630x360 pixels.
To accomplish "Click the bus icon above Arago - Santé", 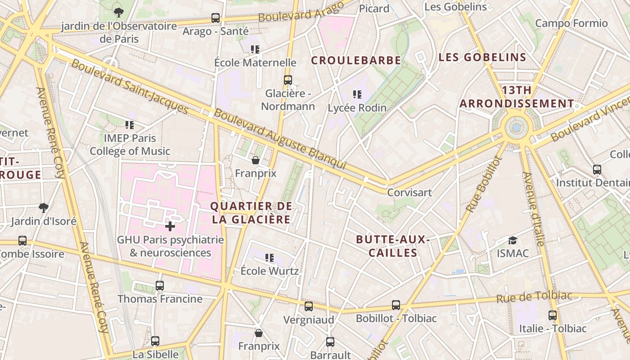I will (216, 18).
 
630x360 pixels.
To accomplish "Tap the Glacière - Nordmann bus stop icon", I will (288, 80).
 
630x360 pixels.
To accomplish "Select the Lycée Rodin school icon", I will (357, 94).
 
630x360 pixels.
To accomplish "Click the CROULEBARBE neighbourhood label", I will (356, 60).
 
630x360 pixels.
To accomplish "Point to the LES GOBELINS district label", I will (482, 57).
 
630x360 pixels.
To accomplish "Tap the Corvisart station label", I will (409, 192).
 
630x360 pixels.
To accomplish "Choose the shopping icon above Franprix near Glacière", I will (256, 160).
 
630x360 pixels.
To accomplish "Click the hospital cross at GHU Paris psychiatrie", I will (170, 226).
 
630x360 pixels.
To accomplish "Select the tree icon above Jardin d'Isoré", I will (44, 207).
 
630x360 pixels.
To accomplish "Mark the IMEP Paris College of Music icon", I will (130, 125).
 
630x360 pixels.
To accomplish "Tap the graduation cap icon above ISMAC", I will (513, 240).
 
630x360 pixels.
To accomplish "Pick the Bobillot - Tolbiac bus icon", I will (396, 305).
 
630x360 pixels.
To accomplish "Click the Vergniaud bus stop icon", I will (309, 306).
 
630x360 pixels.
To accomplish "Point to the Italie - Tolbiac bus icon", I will (553, 315).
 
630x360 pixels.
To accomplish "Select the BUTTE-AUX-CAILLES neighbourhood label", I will (393, 246).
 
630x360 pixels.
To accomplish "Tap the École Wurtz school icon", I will (270, 258).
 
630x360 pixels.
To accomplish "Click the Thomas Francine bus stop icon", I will (160, 285).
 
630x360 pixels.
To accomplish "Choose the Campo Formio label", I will (571, 23).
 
